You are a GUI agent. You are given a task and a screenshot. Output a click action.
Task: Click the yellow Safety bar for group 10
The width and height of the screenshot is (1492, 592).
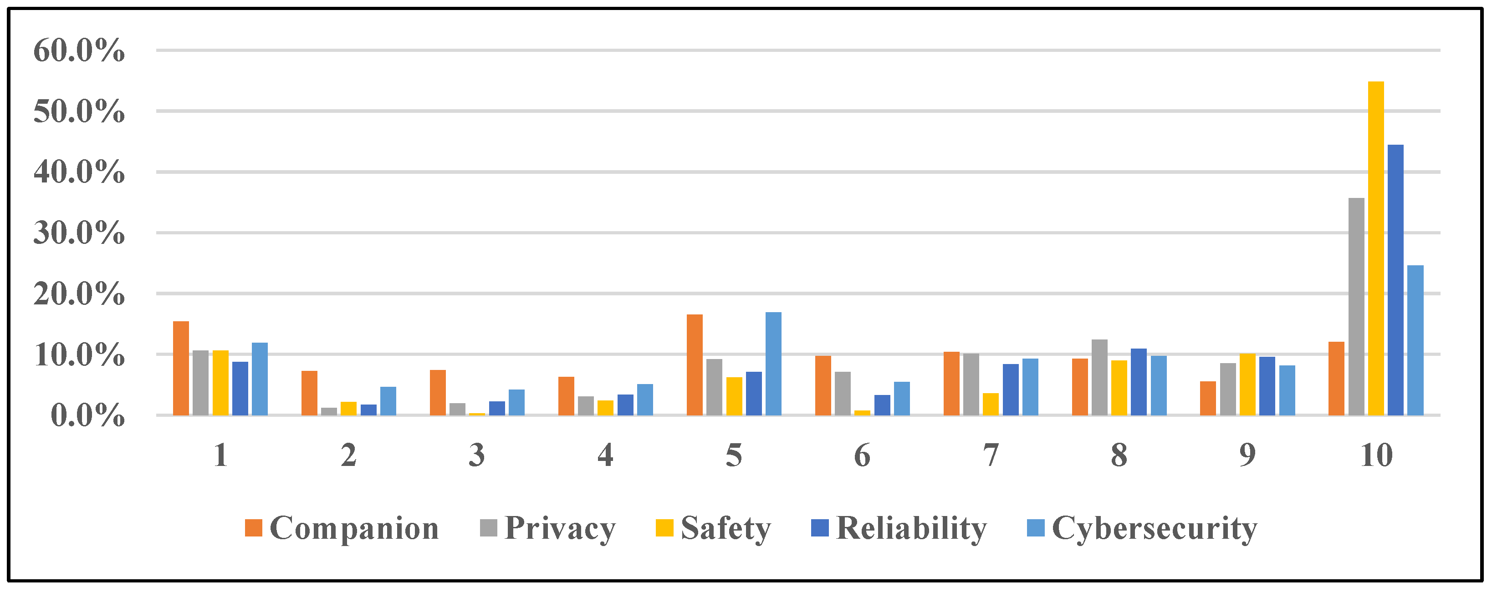click(x=1375, y=249)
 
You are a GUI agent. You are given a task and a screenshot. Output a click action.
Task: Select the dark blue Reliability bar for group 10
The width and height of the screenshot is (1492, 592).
click(x=1395, y=280)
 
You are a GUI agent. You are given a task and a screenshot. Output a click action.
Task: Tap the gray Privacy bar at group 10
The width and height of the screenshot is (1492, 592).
click(x=1356, y=307)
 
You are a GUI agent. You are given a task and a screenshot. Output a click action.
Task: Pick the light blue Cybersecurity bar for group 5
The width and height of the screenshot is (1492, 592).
click(x=773, y=364)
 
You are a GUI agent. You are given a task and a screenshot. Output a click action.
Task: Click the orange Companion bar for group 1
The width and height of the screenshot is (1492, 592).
click(x=181, y=369)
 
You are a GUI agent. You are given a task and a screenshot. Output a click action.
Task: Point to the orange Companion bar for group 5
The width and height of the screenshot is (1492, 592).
click(x=695, y=365)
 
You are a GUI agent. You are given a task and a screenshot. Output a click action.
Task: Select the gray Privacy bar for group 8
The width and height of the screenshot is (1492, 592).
click(x=1099, y=377)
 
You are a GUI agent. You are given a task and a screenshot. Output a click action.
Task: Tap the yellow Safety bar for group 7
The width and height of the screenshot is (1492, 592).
click(x=991, y=404)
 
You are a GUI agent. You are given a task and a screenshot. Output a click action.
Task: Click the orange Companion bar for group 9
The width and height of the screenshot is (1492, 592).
click(x=1208, y=398)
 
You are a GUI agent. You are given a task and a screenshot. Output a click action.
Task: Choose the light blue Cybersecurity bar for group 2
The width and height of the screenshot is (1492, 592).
click(x=388, y=400)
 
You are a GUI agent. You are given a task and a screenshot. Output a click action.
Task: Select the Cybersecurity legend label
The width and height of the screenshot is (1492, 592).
click(x=1155, y=528)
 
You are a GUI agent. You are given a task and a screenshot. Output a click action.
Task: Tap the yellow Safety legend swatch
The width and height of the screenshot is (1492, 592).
click(x=664, y=528)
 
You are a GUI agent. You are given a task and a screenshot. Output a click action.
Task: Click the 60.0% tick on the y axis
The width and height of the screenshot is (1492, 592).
click(x=79, y=51)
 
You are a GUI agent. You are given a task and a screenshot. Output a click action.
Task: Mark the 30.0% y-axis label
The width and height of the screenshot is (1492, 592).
click(x=79, y=233)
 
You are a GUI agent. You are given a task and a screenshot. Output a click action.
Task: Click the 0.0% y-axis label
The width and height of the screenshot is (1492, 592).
click(x=87, y=415)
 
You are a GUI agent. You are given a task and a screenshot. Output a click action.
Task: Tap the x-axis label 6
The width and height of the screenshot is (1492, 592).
click(x=862, y=455)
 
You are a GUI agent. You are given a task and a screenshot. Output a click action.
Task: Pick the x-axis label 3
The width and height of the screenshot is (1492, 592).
click(x=477, y=455)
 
